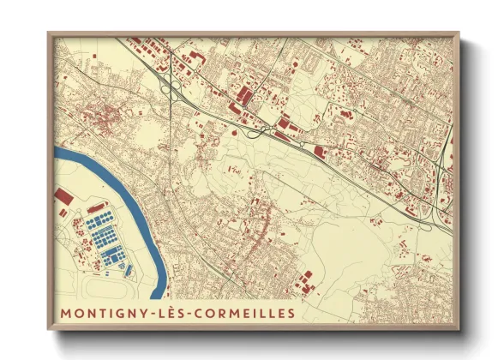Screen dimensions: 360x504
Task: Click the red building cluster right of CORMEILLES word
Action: [305, 279]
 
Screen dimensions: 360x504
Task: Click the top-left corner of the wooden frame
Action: [49, 34]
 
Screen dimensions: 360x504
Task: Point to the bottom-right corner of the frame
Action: [458, 328]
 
